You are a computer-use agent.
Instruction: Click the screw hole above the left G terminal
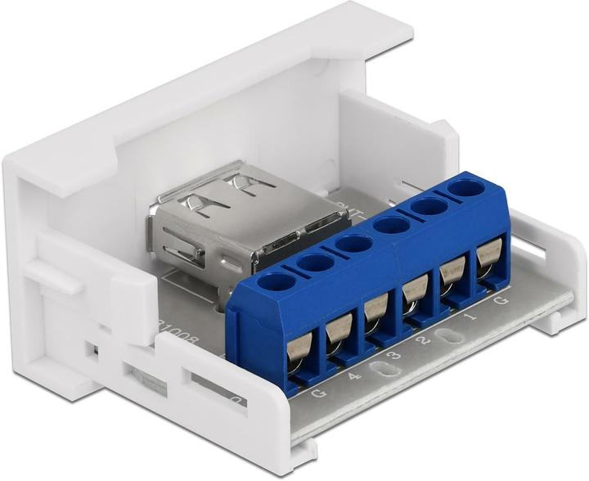[x=277, y=282]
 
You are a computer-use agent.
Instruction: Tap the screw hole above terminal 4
[x=314, y=263]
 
